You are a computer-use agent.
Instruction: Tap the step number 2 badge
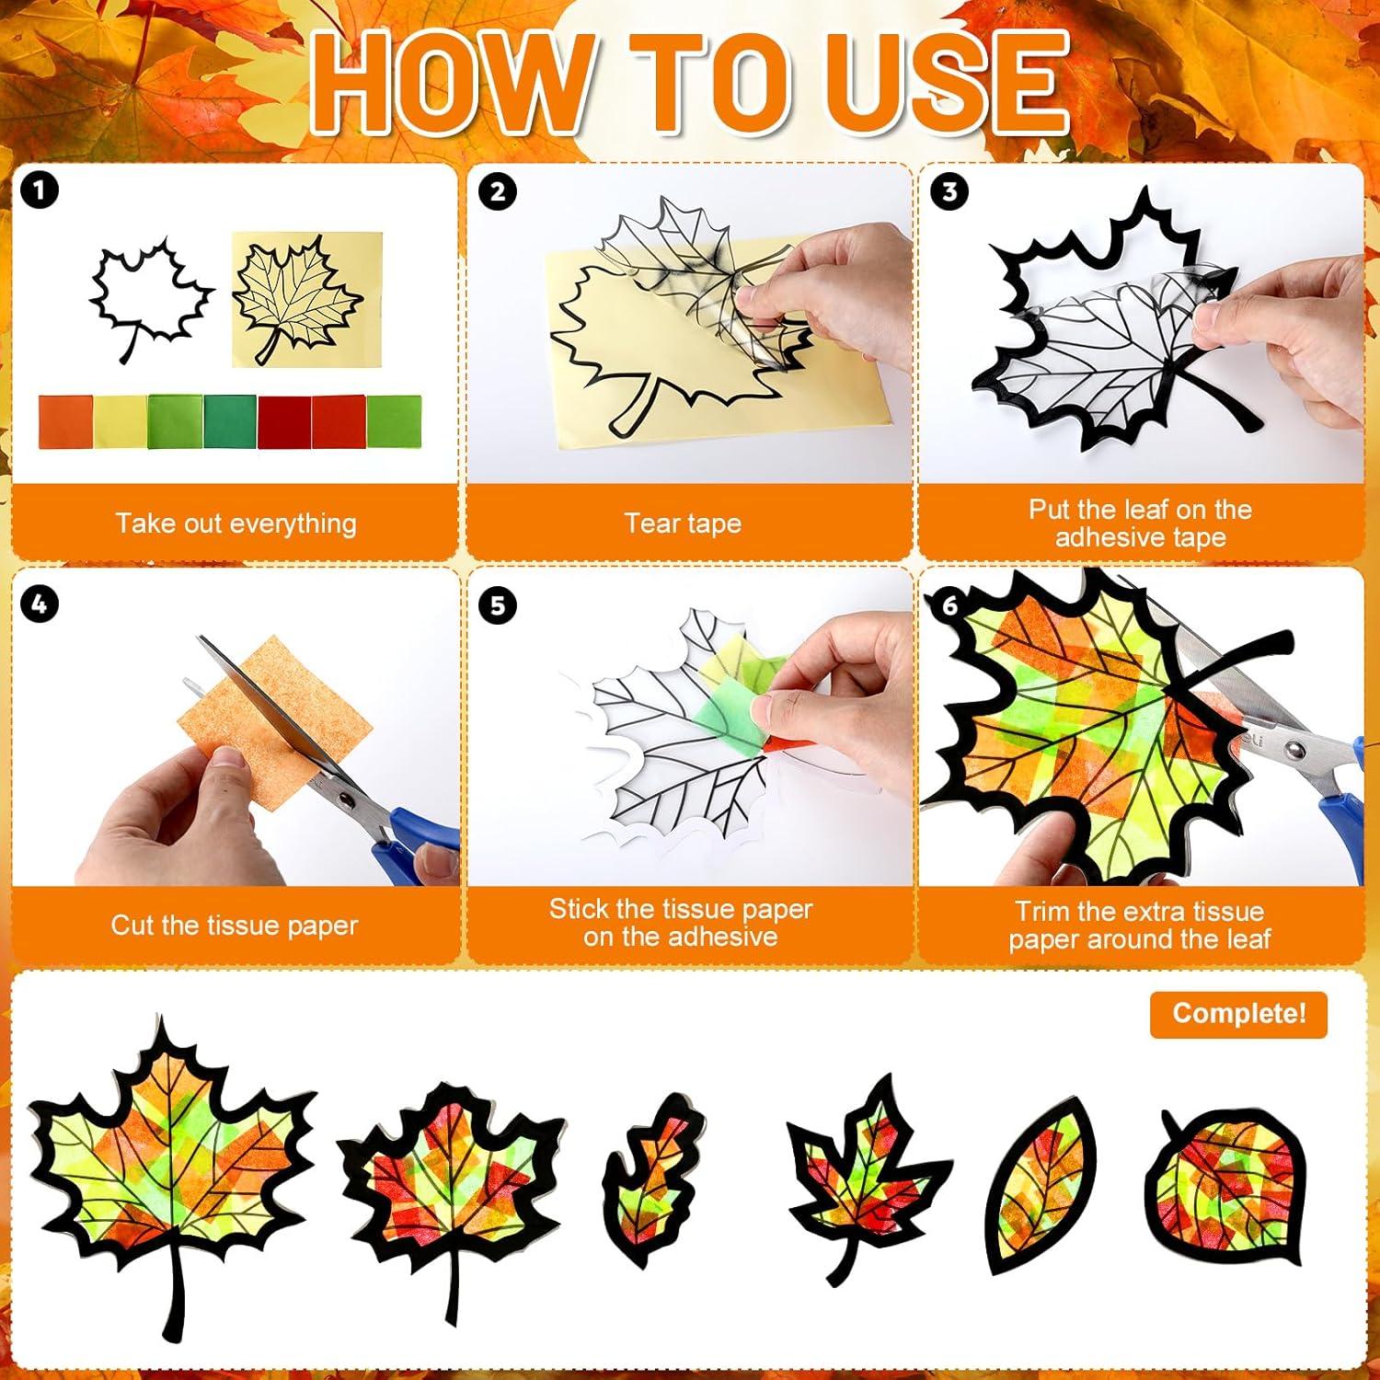[498, 191]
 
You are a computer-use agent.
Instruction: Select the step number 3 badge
[949, 191]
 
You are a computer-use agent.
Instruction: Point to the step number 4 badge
[39, 604]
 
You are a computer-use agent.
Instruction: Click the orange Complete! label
[1238, 1014]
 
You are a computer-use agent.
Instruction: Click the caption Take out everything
[236, 523]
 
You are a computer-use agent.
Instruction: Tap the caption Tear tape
[683, 523]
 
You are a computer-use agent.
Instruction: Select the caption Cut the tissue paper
[234, 925]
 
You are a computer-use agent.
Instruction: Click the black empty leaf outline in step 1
[147, 294]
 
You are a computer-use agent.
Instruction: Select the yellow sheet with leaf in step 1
[305, 299]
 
